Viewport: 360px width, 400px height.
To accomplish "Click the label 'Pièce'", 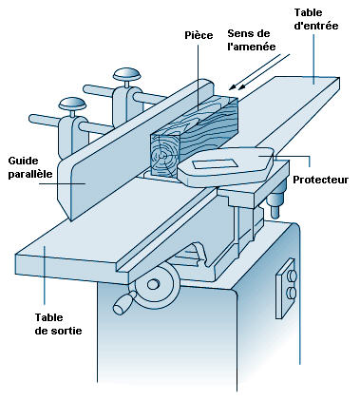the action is (199, 35).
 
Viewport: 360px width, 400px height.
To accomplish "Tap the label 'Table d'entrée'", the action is (316, 19).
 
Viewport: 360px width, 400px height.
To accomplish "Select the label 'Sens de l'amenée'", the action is (252, 40).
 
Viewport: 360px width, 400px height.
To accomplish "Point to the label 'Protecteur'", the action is (320, 180).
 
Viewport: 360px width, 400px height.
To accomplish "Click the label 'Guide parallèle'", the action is (30, 167).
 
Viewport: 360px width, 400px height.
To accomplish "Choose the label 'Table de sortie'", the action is (58, 324).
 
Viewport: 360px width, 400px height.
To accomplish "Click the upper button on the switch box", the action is (292, 276).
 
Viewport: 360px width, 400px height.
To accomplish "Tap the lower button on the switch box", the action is (291, 293).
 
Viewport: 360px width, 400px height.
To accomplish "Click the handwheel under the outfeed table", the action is (158, 286).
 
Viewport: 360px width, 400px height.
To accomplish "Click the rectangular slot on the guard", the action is (215, 164).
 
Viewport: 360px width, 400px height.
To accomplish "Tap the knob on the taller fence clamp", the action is (127, 75).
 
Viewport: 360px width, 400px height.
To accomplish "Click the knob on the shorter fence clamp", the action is (72, 104).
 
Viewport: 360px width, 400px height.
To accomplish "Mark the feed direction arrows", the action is (259, 71).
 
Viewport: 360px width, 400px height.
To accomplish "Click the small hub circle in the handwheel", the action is (153, 284).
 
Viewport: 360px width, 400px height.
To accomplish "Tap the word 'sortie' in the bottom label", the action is (66, 331).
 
